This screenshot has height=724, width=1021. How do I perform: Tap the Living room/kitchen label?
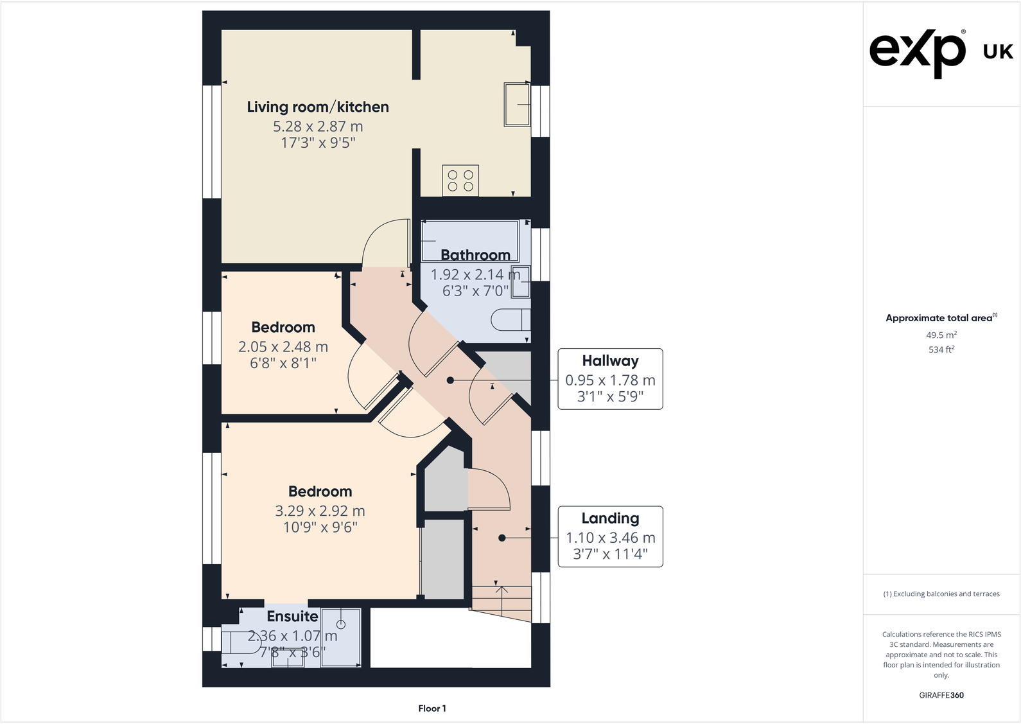318,107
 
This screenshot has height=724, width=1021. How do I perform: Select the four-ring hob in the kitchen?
460,181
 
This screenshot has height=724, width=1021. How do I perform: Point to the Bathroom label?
475,255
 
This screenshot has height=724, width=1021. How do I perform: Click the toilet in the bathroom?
511,320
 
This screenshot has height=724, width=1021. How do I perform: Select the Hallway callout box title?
610,360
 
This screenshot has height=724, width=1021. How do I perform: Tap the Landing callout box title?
610,518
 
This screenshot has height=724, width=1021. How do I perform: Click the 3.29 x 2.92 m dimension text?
320,511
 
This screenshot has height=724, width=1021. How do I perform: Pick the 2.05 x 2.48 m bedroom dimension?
283,347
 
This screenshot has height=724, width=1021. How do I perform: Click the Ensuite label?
292,617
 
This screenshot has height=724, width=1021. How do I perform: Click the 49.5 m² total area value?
941,335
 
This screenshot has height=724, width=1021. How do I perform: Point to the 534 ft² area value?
941,349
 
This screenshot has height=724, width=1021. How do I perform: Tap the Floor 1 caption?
432,708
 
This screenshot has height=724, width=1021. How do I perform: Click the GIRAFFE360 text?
941,695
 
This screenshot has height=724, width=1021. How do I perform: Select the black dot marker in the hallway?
450,380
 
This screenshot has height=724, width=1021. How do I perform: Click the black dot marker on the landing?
502,538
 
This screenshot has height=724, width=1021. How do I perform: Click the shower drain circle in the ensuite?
341,624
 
